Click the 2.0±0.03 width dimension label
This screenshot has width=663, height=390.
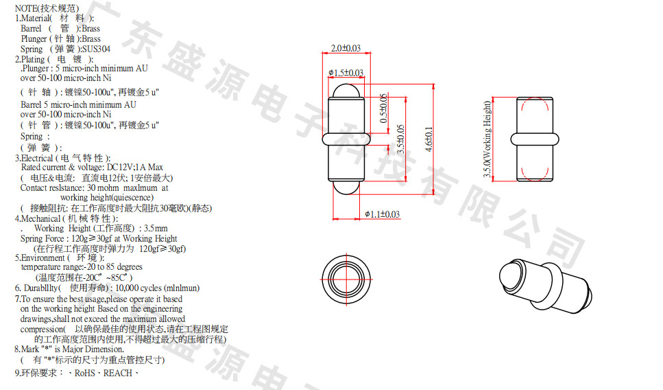[346, 48]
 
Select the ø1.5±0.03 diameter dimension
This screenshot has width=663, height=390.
[346, 73]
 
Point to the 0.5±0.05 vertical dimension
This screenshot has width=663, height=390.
[383, 108]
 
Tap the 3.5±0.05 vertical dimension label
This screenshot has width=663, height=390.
[401, 139]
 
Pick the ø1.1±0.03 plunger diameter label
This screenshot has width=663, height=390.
[383, 214]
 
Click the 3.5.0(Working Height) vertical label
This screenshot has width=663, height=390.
[487, 139]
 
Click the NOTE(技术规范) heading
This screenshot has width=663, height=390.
[47, 8]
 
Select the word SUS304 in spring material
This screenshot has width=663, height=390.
[97, 49]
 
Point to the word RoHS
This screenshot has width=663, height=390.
[85, 373]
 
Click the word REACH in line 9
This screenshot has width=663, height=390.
[118, 373]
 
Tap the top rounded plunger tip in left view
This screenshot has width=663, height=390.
[346, 91]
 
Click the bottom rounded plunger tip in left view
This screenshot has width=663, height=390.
[346, 188]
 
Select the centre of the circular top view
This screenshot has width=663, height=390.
[346, 279]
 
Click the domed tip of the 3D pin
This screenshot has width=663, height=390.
[506, 277]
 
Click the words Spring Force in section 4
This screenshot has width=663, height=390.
[42, 239]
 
